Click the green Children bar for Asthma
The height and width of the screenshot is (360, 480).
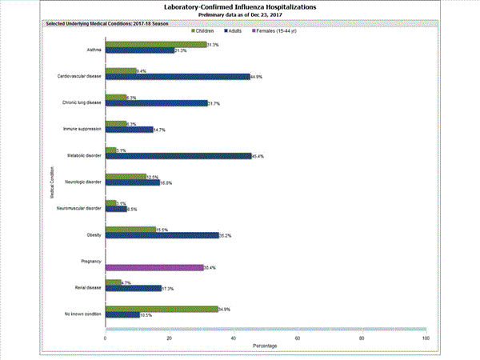pyautogui.click(x=156, y=45)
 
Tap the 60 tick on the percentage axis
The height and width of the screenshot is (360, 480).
pyautogui.click(x=298, y=338)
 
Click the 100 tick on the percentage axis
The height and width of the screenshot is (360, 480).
pyautogui.click(x=425, y=338)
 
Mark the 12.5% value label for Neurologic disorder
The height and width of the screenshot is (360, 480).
pyautogui.click(x=141, y=177)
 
